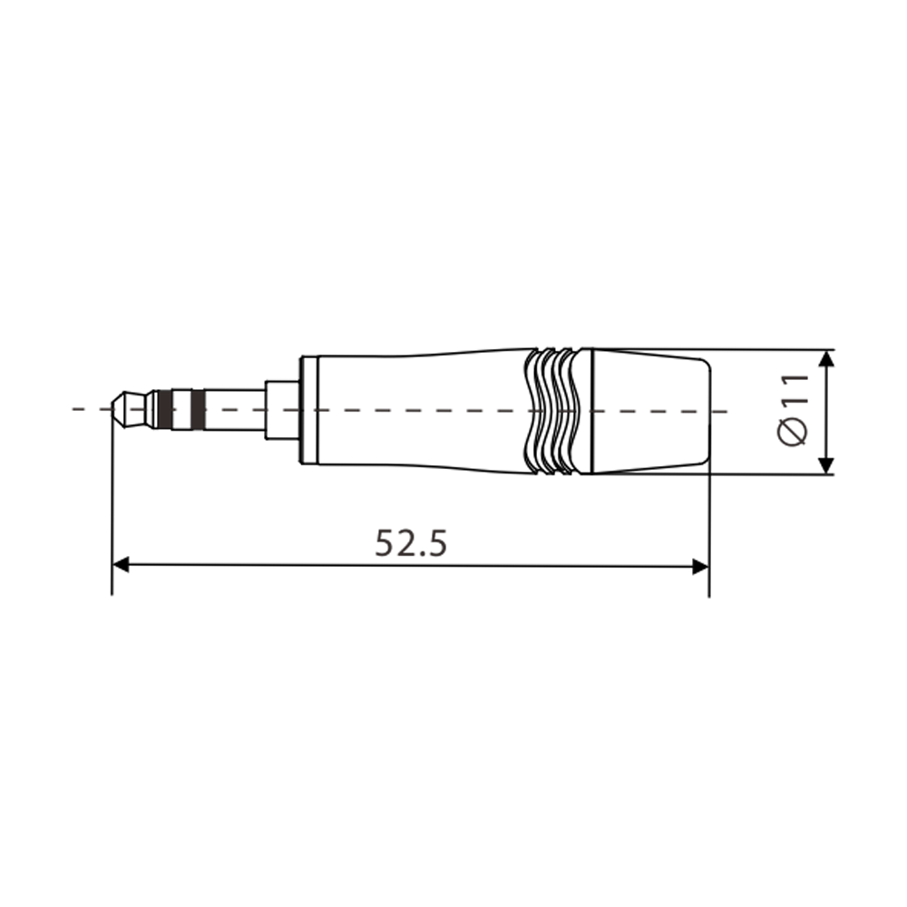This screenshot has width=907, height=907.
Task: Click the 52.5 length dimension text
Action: [411, 543]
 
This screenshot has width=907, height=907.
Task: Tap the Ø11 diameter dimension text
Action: [794, 409]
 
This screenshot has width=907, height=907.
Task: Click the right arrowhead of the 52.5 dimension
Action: [699, 566]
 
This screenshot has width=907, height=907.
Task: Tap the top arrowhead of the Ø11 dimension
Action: [825, 359]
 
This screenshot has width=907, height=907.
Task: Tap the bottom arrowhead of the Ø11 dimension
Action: [825, 464]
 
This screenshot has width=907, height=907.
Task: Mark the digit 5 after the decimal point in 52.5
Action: [438, 543]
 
